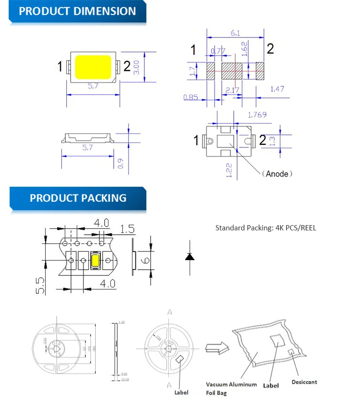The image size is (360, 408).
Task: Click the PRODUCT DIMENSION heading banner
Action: pos(77,11)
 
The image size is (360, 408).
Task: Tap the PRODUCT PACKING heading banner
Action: pos(78,198)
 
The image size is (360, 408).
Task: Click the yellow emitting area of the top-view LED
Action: pos(93,67)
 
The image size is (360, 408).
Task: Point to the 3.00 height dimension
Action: pos(137,67)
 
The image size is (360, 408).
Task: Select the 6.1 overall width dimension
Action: pos(235,33)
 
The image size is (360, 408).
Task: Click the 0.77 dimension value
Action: pos(218,51)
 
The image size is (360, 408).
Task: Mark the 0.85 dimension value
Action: pos(191,97)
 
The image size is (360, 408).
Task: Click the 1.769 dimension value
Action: pos(257,115)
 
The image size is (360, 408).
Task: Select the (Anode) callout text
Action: pos(277,174)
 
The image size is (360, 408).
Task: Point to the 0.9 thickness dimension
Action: pos(120,163)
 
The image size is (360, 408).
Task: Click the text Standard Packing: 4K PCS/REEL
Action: pos(265,228)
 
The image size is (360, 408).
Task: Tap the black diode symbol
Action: pos(190,257)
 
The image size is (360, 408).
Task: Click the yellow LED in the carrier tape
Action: pos(95,261)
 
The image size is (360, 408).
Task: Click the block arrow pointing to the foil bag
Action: pos(215,348)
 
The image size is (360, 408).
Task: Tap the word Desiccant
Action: pos(304,382)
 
